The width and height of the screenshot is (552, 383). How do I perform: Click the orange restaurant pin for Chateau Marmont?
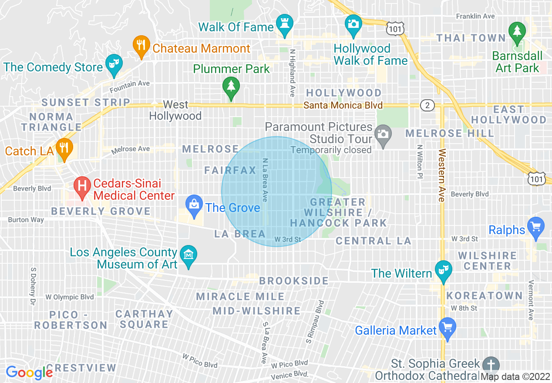click(141, 46)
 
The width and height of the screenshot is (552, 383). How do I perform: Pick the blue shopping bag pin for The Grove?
click(194, 205)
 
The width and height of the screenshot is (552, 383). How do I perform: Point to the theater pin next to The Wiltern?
click(444, 271)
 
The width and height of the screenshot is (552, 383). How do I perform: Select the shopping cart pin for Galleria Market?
click(447, 327)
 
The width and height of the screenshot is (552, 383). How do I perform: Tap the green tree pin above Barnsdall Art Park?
click(517, 32)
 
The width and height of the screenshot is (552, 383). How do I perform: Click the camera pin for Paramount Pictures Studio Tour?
click(383, 134)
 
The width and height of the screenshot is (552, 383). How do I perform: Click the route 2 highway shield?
click(427, 105)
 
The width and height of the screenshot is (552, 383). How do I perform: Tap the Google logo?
click(29, 373)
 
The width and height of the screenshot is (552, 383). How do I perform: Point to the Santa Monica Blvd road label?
click(343, 105)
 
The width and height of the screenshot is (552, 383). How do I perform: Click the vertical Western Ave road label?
click(442, 175)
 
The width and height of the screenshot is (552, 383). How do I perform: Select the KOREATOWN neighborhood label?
click(484, 296)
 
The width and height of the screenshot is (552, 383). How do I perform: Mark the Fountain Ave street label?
click(129, 86)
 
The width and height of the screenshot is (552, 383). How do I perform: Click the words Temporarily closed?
click(331, 150)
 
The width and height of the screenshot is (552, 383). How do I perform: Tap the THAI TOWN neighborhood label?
click(471, 38)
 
